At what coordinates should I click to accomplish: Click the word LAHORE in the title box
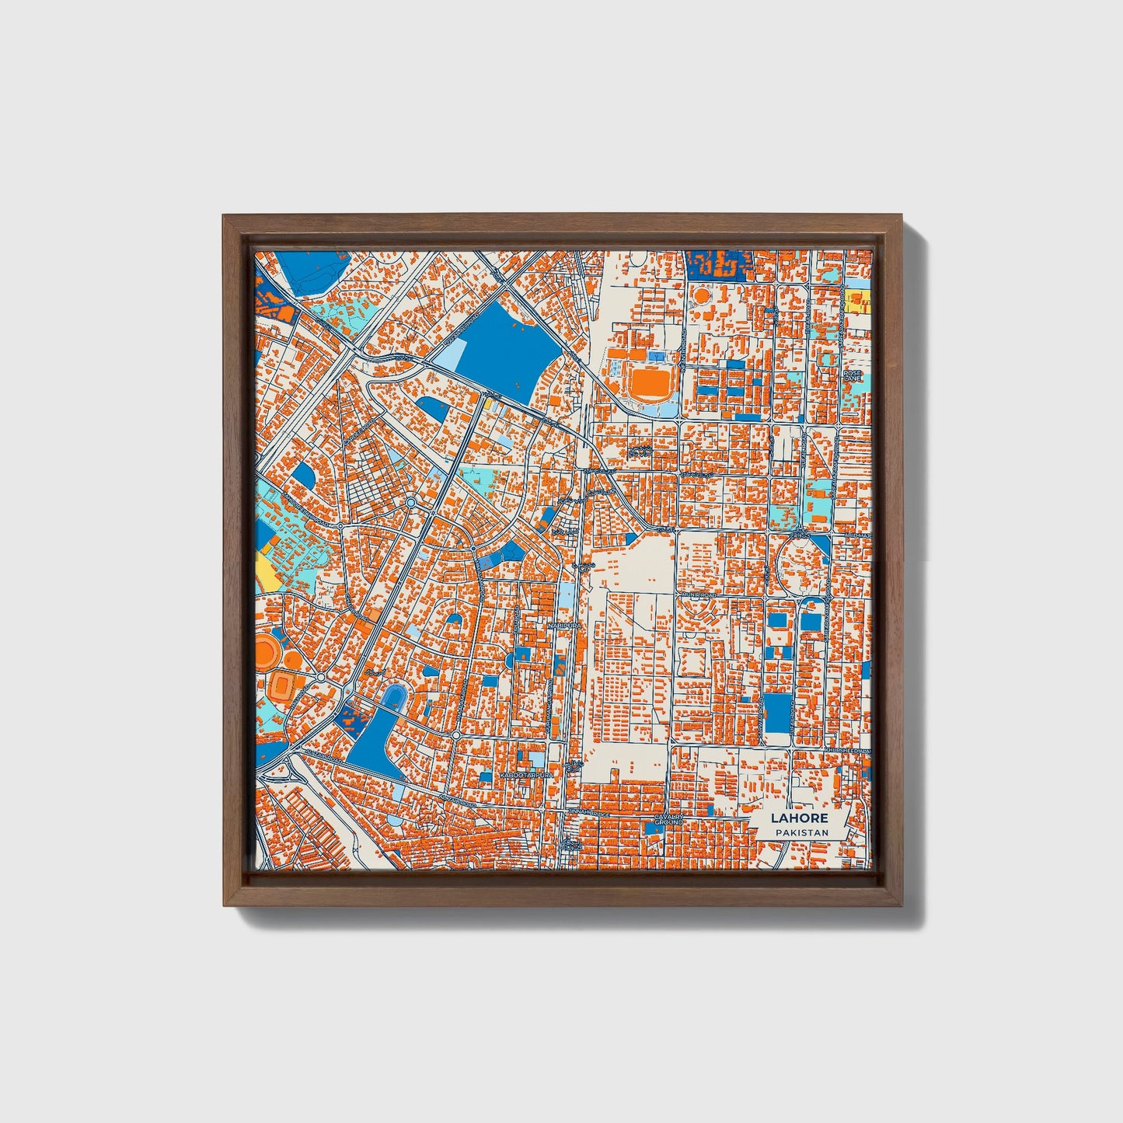tap(800, 818)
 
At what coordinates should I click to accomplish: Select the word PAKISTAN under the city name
tap(800, 832)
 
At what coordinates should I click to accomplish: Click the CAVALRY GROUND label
tap(668, 820)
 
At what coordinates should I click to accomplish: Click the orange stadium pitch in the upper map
tap(649, 381)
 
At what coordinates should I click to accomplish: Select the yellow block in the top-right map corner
tap(859, 301)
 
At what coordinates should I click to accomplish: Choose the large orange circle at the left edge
tap(265, 650)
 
